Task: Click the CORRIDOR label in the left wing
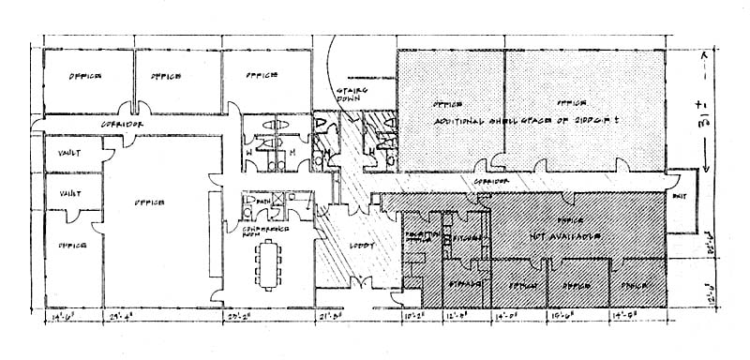pos(120,124)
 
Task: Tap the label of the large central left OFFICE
pos(149,202)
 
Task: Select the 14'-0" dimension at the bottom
pos(514,319)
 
